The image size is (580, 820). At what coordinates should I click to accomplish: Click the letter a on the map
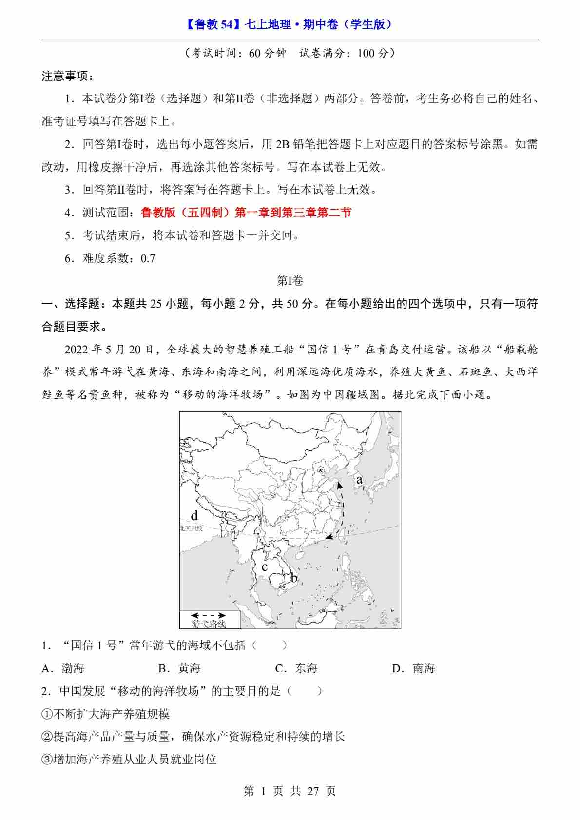tap(359, 480)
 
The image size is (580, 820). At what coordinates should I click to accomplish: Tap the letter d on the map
tap(194, 516)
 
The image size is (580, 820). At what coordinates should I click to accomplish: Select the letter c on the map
tap(265, 567)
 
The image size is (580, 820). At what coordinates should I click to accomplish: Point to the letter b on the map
tap(293, 578)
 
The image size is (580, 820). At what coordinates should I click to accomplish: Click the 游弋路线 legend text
tap(209, 624)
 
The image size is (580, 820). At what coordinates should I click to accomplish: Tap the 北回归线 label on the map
tap(191, 528)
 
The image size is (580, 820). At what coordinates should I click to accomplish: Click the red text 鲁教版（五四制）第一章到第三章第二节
tap(246, 213)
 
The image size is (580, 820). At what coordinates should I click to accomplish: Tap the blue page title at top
tap(290, 24)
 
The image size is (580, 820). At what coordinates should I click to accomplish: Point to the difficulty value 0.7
tap(148, 258)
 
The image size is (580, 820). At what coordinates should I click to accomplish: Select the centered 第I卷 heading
tap(290, 281)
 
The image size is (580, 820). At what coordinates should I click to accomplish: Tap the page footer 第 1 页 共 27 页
tap(290, 791)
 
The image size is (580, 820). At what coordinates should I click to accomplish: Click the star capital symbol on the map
tap(320, 470)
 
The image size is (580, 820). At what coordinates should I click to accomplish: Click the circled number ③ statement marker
tap(47, 760)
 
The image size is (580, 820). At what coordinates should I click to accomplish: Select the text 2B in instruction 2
tap(283, 144)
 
